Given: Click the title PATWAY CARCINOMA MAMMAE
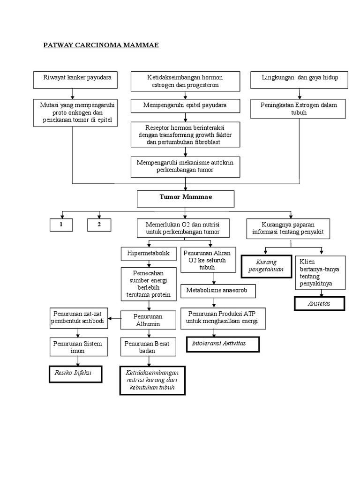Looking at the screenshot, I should pyautogui.click(x=101, y=45).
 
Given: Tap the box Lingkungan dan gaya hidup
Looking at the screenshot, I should pyautogui.click(x=300, y=80).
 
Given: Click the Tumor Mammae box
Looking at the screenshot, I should pyautogui.click(x=185, y=199).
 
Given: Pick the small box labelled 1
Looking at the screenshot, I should pyautogui.click(x=61, y=225).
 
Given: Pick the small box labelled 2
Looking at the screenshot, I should pyautogui.click(x=99, y=225).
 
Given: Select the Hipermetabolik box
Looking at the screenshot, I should pyautogui.click(x=149, y=253).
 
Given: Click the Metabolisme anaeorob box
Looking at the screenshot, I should pyautogui.click(x=218, y=291).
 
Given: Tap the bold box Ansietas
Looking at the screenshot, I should pyautogui.click(x=319, y=303).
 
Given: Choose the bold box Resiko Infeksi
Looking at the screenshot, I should pyautogui.click(x=75, y=375).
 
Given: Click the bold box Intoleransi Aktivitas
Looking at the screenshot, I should pyautogui.click(x=218, y=344).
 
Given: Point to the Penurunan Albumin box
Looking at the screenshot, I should pyautogui.click(x=148, y=320).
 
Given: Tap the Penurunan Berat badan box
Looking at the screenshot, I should pyautogui.click(x=148, y=347).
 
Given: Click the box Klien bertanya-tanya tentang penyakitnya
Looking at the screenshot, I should pyautogui.click(x=321, y=273).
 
